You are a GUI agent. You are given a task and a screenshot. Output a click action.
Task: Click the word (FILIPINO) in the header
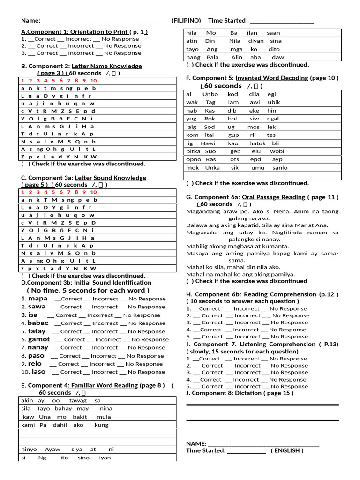pos(186,21)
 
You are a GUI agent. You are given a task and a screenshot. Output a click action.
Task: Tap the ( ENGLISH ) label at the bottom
pos(287,450)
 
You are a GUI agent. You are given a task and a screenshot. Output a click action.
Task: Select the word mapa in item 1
pos(37,299)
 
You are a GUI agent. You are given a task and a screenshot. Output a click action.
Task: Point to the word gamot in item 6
pos(39,339)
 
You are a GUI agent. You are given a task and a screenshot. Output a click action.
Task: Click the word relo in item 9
pos(35,364)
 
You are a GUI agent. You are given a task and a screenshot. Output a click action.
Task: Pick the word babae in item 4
pos(38,323)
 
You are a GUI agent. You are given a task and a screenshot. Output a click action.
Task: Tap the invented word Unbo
pos(210,94)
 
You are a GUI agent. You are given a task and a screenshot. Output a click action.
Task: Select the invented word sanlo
pos(280,167)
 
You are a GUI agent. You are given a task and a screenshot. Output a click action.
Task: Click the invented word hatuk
pos(257,143)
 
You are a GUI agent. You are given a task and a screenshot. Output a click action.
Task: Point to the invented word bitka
pos(193,151)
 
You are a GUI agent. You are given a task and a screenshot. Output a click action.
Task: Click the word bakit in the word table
pos(80,417)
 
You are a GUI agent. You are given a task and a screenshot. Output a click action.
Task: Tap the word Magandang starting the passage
pos(203,211)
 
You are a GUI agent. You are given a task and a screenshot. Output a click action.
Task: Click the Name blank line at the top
pos(104,21)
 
